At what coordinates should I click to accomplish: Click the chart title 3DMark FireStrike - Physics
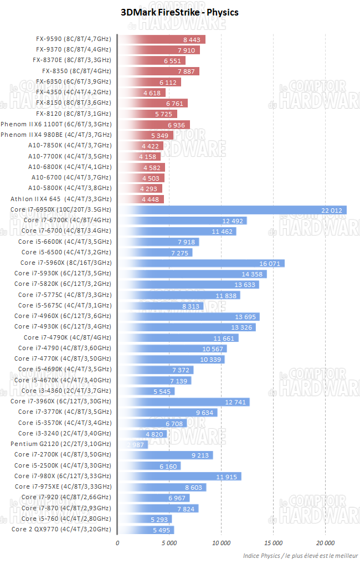click(179, 12)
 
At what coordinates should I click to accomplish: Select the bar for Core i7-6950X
click(232, 209)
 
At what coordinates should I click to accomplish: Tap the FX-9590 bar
click(162, 39)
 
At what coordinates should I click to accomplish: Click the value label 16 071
click(271, 263)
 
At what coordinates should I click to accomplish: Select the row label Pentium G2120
click(60, 444)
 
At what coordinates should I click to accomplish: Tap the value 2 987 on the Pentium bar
click(136, 445)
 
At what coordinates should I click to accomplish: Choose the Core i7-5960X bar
click(201, 263)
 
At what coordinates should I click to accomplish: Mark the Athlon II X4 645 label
click(61, 199)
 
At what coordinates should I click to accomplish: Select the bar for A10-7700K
click(140, 156)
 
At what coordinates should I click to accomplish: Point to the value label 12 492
click(233, 221)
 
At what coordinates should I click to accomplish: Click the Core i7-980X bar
click(179, 476)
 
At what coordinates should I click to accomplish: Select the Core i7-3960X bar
click(184, 402)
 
